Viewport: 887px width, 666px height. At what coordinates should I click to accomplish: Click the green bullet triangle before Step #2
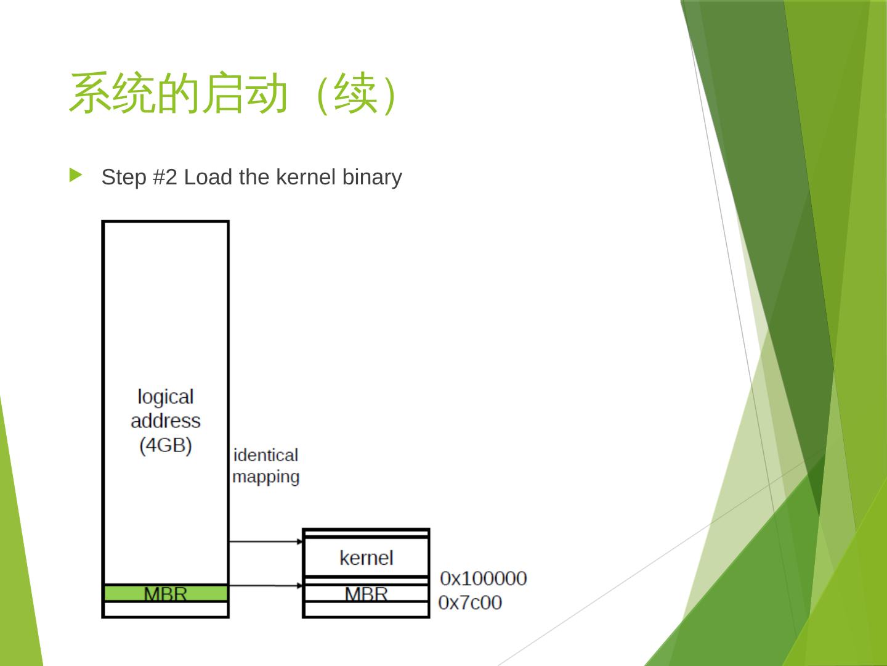76,176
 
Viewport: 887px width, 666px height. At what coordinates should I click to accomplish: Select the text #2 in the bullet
165,178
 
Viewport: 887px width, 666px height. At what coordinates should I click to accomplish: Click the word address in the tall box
165,421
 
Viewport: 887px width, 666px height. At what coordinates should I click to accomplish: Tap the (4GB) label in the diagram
165,445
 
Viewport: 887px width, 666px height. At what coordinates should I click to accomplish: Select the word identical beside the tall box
265,455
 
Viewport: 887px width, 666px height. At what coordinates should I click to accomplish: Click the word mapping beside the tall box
265,477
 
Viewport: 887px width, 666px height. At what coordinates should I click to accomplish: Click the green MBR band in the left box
165,593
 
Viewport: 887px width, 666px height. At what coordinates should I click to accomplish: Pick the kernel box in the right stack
366,557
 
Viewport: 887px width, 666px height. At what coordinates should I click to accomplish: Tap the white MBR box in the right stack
366,594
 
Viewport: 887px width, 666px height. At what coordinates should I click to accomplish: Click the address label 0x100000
484,578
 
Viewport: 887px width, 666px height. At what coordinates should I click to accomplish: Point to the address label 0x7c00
470,602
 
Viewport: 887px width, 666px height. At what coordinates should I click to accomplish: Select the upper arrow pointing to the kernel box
265,541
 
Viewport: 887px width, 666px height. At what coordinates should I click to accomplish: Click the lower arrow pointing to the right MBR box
265,585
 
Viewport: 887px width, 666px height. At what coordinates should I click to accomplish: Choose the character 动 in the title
266,94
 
